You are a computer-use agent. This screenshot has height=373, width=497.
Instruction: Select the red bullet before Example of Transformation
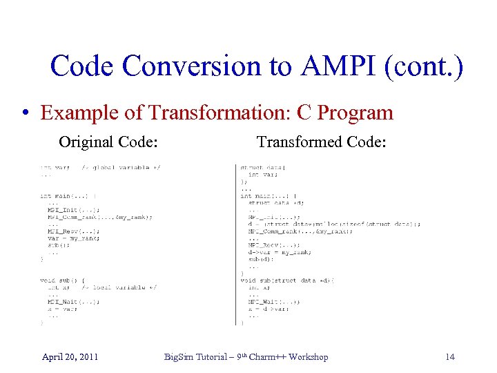pyautogui.click(x=26, y=113)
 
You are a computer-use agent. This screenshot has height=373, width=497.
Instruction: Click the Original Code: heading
pyautogui.click(x=109, y=142)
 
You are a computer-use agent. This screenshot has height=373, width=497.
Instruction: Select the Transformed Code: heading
pyautogui.click(x=321, y=142)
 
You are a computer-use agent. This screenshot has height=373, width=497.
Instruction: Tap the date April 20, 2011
pyautogui.click(x=70, y=356)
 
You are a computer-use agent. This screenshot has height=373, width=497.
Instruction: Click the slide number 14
pyautogui.click(x=450, y=356)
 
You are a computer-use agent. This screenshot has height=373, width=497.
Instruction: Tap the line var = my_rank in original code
pyautogui.click(x=73, y=238)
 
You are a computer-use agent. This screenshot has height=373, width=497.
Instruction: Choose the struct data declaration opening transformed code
pyautogui.click(x=258, y=168)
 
